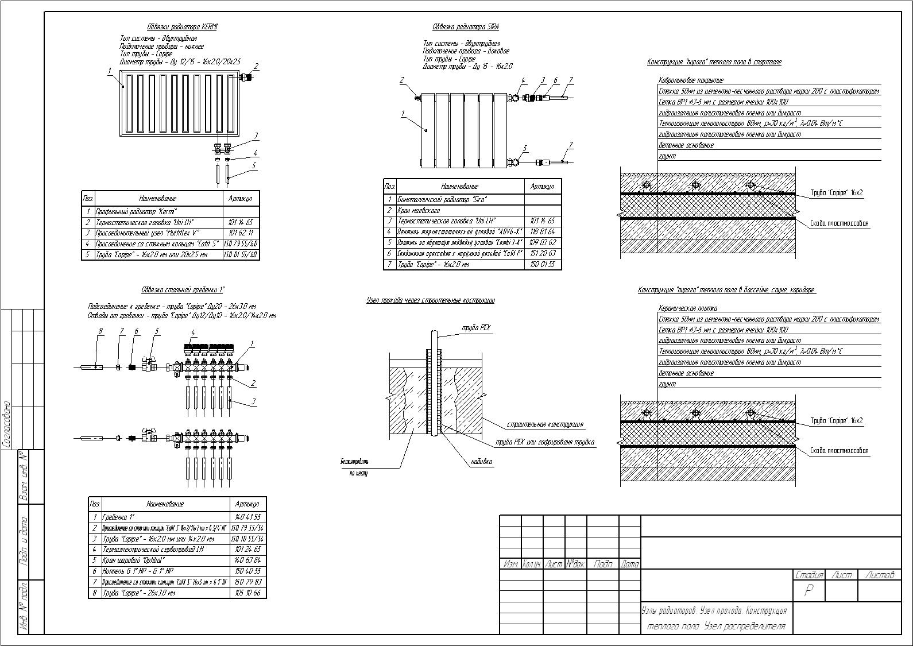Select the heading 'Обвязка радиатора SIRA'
click(x=465, y=27)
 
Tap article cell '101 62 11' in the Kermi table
click(x=241, y=233)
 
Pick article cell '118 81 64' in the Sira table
click(x=543, y=232)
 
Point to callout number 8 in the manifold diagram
click(x=100, y=331)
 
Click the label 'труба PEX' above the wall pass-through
click(x=476, y=328)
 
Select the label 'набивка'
click(x=482, y=461)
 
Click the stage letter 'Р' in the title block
click(x=808, y=590)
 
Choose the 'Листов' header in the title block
click(x=879, y=575)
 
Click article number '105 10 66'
click(x=248, y=593)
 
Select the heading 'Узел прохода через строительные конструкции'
click(x=430, y=300)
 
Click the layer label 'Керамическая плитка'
click(x=688, y=308)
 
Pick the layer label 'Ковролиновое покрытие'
click(x=691, y=80)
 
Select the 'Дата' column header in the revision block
click(x=629, y=564)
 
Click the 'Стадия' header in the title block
click(x=809, y=575)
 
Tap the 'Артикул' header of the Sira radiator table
click(x=543, y=187)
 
